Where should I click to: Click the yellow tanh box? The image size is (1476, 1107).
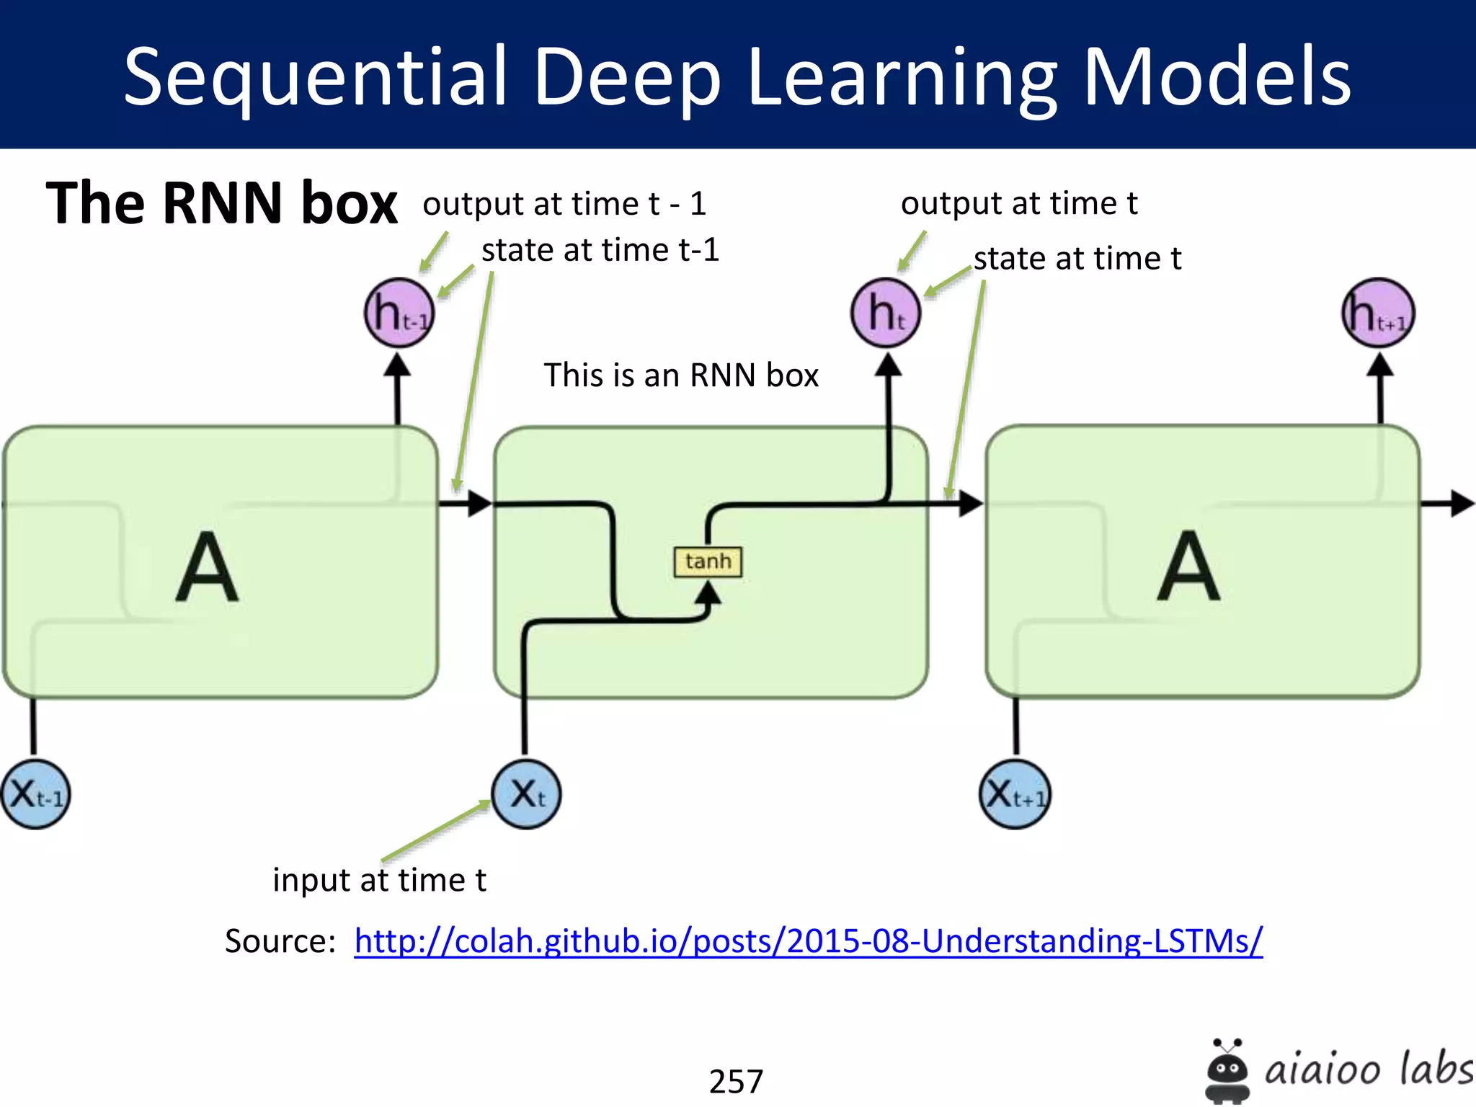click(x=708, y=561)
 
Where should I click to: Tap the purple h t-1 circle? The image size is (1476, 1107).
click(x=399, y=313)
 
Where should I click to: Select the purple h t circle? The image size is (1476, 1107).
click(x=886, y=313)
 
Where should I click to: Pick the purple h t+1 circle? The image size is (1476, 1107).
click(x=1378, y=314)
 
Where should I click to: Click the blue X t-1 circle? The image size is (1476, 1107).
click(x=35, y=794)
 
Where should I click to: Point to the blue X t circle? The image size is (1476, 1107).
click(x=526, y=794)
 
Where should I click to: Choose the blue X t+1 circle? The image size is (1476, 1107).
click(x=1015, y=794)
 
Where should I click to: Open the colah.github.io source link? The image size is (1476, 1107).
click(x=808, y=941)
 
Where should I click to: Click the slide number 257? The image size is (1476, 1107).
click(x=736, y=1081)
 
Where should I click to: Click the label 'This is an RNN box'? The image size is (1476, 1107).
click(x=681, y=375)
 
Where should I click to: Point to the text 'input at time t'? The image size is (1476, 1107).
click(x=379, y=880)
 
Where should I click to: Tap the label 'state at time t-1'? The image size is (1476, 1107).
click(x=600, y=251)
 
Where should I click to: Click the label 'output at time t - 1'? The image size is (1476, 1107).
click(x=564, y=204)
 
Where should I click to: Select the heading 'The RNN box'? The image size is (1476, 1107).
click(x=221, y=203)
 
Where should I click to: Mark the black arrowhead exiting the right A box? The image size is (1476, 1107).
click(x=1462, y=503)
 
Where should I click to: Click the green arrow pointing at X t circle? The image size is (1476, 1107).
click(x=437, y=832)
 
